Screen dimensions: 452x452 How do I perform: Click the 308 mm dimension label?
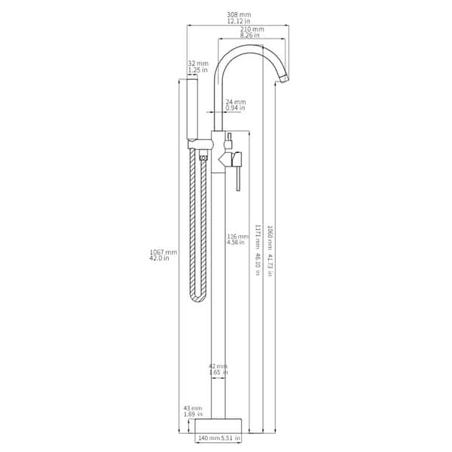(239, 14)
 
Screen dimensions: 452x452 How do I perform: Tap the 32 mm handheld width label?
(197, 64)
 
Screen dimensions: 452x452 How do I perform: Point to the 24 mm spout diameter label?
(235, 102)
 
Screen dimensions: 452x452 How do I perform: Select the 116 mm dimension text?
(237, 237)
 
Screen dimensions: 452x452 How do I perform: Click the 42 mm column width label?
(218, 366)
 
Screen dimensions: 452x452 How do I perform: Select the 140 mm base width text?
(208, 438)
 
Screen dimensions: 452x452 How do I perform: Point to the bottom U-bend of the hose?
(197, 298)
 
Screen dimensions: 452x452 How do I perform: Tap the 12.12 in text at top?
(239, 21)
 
